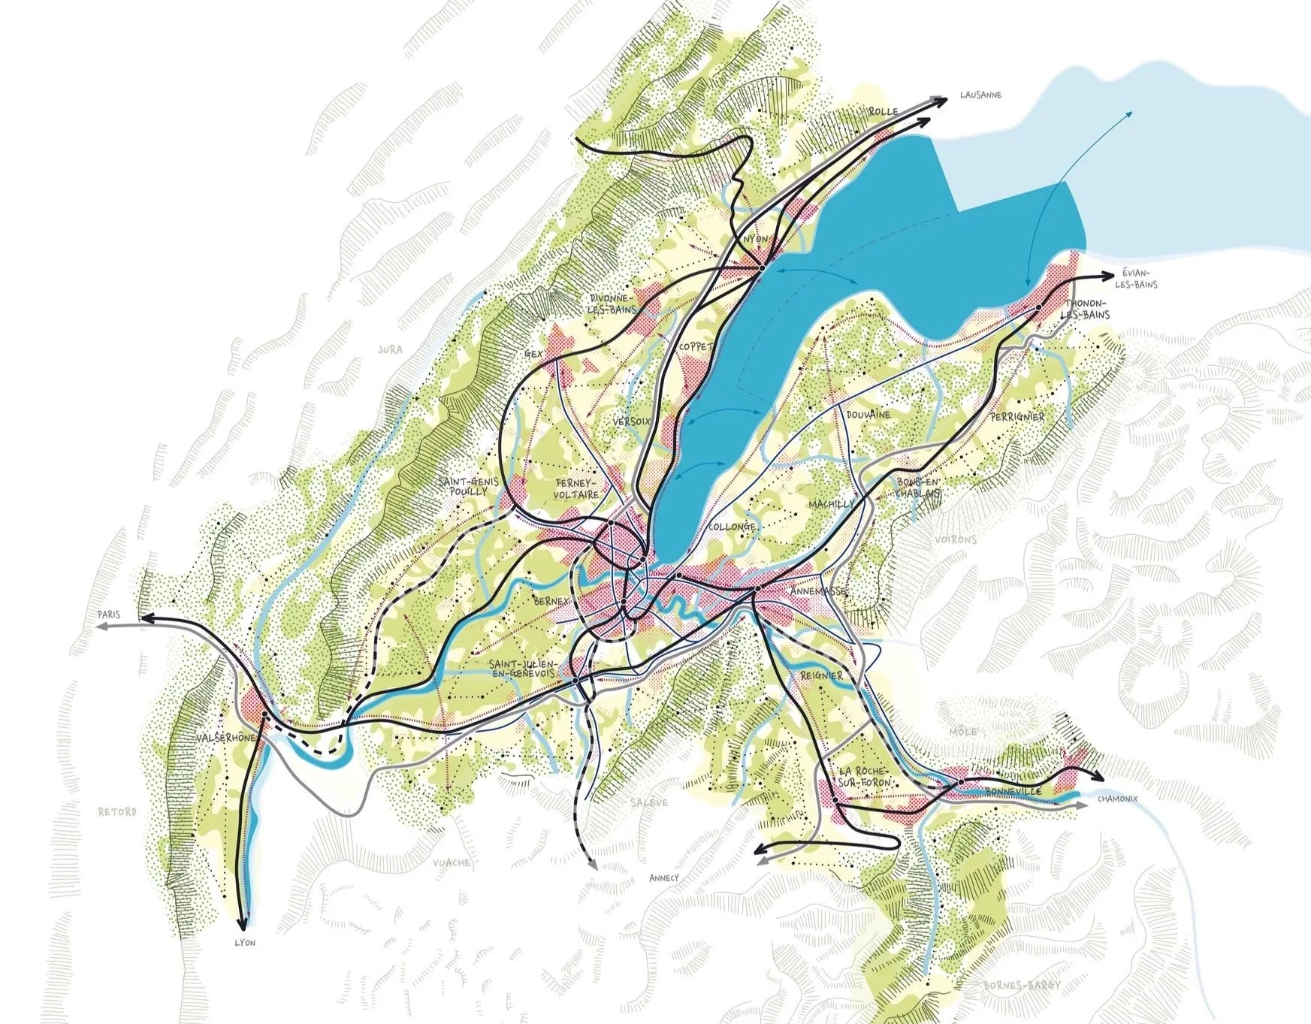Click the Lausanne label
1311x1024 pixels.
[x=980, y=95]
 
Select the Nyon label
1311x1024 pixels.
[x=756, y=239]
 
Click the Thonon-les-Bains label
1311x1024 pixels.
[x=1084, y=309]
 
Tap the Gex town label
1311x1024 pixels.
[x=533, y=353]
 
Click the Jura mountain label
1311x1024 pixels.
[x=390, y=349]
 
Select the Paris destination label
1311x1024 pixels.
[x=108, y=615]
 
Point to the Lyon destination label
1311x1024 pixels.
[x=245, y=943]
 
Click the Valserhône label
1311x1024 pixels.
[x=225, y=739]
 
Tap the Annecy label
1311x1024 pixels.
[x=663, y=877]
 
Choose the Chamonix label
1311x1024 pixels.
[x=1118, y=799]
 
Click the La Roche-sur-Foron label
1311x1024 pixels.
[x=864, y=778]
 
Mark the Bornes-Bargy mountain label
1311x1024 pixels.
[x=1026, y=985]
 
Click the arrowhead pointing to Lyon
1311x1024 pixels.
[x=243, y=925]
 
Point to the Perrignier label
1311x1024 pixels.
[x=1017, y=416]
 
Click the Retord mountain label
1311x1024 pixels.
[x=117, y=811]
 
